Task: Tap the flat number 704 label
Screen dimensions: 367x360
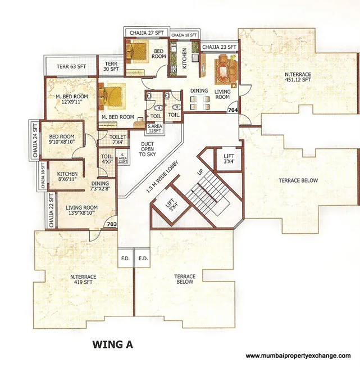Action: click(233, 111)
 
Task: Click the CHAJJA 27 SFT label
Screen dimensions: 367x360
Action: click(146, 33)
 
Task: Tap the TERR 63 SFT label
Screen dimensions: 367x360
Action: click(71, 67)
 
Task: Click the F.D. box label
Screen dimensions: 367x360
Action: click(125, 259)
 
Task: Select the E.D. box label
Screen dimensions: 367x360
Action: click(143, 259)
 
